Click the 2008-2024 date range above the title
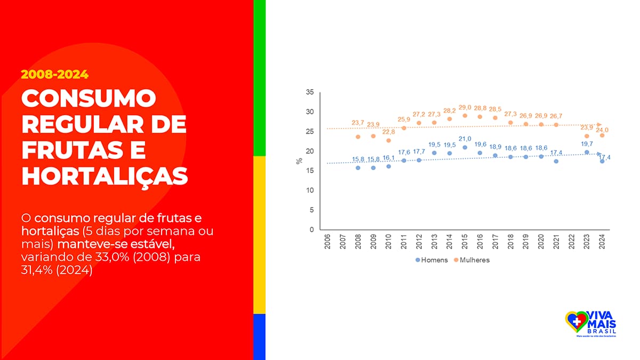pyautogui.click(x=54, y=74)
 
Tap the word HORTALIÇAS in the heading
pyautogui.click(x=105, y=175)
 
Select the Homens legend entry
pyautogui.click(x=433, y=260)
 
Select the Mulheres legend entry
pyautogui.click(x=471, y=260)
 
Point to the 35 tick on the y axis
pyautogui.click(x=310, y=92)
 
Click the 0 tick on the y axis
pyautogui.click(x=311, y=230)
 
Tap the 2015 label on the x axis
pyautogui.click(x=465, y=243)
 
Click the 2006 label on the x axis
pyautogui.click(x=327, y=243)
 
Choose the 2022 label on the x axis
pyautogui.click(x=572, y=243)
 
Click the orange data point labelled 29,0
pyautogui.click(x=465, y=116)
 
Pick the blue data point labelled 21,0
pyautogui.click(x=465, y=147)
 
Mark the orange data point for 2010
pyautogui.click(x=388, y=140)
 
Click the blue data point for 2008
pyautogui.click(x=358, y=167)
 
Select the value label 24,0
pyautogui.click(x=603, y=130)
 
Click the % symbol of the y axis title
pyautogui.click(x=299, y=161)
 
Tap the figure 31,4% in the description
pyautogui.click(x=38, y=270)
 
